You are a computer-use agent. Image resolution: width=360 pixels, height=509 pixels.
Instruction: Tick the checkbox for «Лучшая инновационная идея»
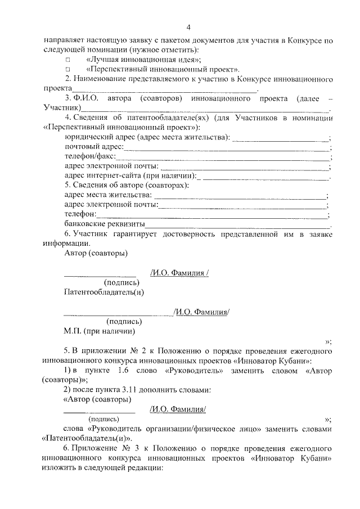pyautogui.click(x=68, y=59)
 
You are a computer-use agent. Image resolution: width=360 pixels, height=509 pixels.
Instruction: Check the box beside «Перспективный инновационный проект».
pyautogui.click(x=68, y=69)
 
